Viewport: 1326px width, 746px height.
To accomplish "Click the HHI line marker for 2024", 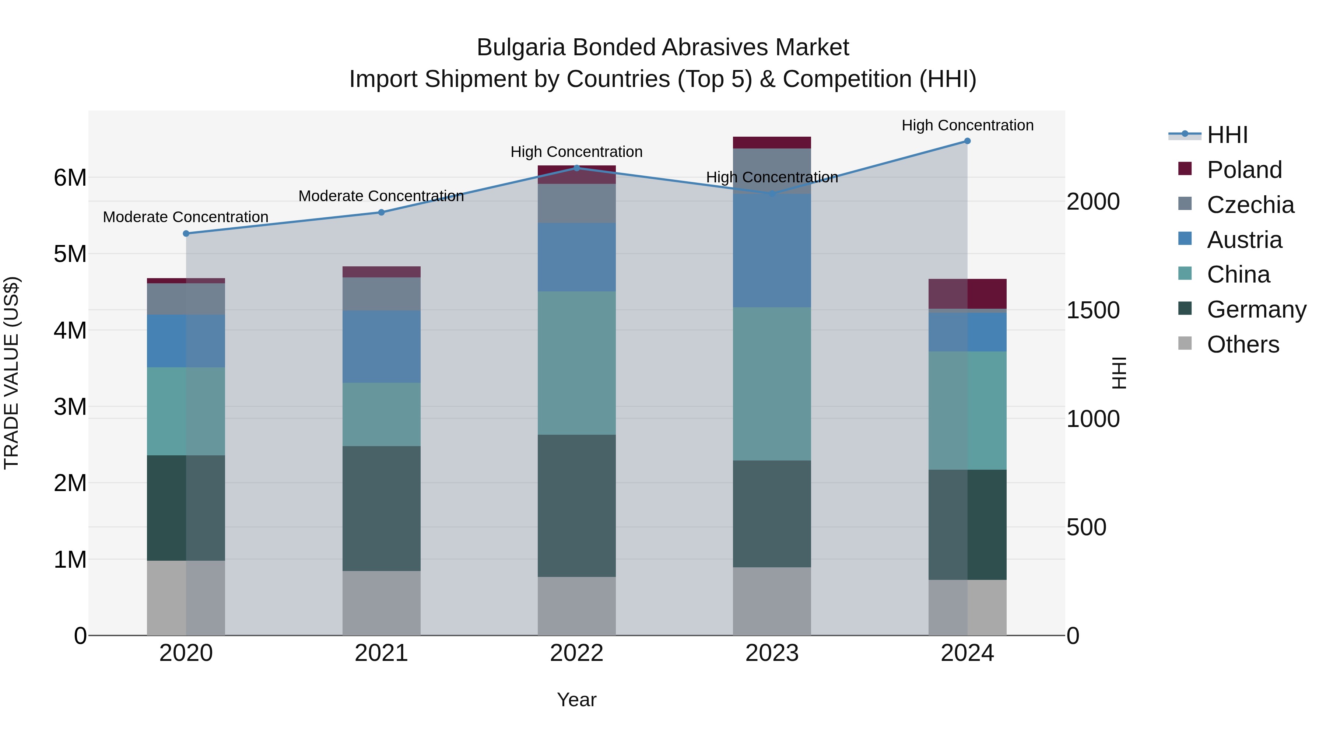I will point(967,141).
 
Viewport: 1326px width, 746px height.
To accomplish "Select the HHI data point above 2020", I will point(186,234).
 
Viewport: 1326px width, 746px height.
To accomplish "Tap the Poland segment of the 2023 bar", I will point(772,143).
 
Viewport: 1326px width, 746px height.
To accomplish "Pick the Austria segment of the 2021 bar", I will point(382,347).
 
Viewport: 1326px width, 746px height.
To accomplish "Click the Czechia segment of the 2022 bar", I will point(576,203).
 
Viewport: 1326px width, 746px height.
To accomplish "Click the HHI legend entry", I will point(1227,135).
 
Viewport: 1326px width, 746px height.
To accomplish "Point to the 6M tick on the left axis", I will point(70,178).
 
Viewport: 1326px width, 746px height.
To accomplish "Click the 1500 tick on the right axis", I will point(1093,311).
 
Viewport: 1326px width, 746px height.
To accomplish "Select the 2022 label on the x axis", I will point(576,653).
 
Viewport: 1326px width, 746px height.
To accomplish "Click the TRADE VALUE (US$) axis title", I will point(11,373).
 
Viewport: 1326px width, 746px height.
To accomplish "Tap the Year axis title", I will point(576,700).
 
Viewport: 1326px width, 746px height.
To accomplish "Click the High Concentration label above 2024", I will point(967,125).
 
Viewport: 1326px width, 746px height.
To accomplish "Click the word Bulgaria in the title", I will point(521,48).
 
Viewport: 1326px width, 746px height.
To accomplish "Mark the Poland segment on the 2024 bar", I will point(967,294).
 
